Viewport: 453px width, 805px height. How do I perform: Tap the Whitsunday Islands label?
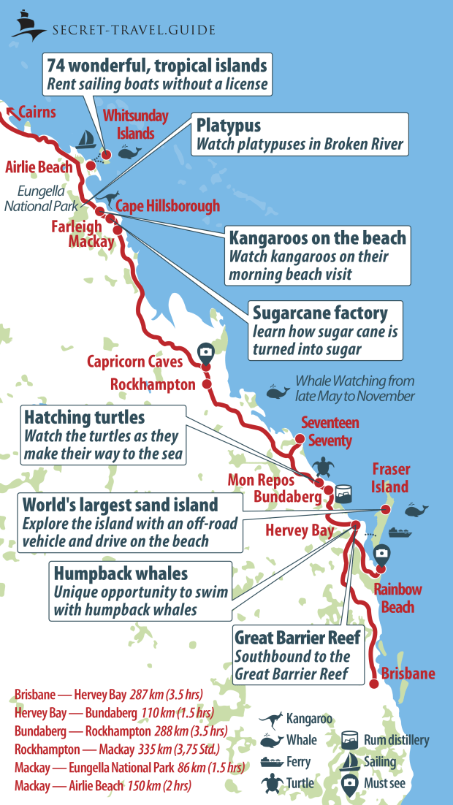(x=136, y=124)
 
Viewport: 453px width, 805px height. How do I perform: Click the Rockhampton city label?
(x=153, y=384)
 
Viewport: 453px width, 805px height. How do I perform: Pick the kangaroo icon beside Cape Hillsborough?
(x=110, y=198)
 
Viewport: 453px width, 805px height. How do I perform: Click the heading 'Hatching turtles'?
(x=85, y=417)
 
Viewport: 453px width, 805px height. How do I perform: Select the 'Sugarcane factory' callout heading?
(x=320, y=313)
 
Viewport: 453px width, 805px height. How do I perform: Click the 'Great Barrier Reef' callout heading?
(x=297, y=638)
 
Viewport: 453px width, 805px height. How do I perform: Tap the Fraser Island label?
(x=391, y=478)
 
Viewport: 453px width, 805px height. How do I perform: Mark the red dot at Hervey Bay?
(x=356, y=525)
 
